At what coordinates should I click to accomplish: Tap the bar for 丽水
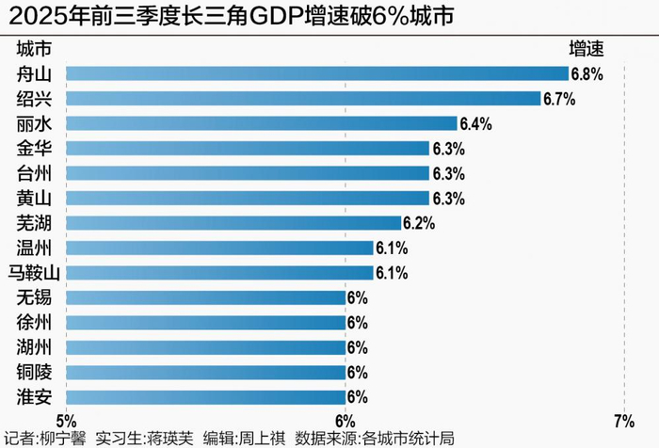[261, 123]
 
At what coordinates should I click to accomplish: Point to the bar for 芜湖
[233, 223]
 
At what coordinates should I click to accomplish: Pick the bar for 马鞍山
[218, 273]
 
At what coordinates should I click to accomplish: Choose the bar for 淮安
[205, 397]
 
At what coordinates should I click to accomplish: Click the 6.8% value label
[586, 73]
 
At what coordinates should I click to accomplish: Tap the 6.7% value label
[558, 99]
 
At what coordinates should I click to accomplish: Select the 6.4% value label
[474, 123]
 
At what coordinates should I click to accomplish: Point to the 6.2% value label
[418, 223]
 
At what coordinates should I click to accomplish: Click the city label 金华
[34, 148]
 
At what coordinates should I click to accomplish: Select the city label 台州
[34, 173]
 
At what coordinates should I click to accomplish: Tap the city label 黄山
[34, 198]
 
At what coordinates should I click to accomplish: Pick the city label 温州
[34, 248]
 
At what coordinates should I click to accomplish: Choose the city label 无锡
[34, 297]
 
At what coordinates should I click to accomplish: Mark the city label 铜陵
[34, 372]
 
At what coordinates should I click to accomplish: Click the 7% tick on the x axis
[622, 420]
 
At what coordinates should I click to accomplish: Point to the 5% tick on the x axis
[65, 420]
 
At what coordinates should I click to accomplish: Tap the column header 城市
[34, 48]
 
